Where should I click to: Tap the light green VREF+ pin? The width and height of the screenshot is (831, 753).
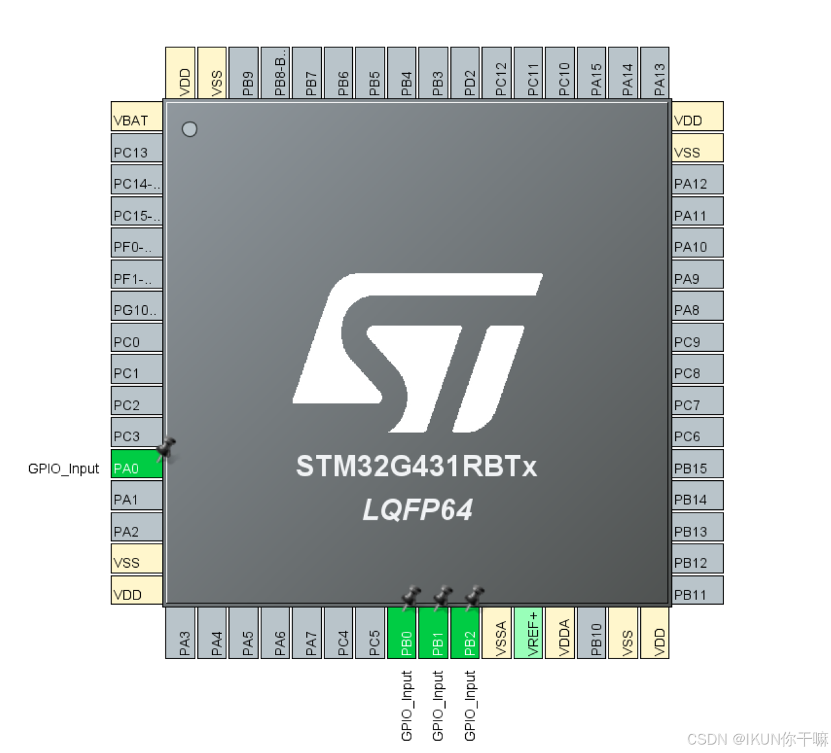[528, 633]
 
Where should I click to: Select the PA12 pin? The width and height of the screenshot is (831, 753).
[697, 180]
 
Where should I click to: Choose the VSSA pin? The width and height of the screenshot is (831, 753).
[497, 633]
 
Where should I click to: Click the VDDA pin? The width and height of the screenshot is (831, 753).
[560, 633]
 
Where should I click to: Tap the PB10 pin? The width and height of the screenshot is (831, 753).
[592, 633]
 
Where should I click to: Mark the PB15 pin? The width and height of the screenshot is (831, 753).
[697, 464]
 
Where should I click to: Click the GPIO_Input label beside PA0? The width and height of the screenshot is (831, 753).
[64, 469]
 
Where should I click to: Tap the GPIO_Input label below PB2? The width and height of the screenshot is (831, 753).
[470, 705]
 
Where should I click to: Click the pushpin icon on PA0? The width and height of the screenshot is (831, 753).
[166, 448]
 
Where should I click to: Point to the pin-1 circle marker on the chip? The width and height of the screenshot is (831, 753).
[189, 129]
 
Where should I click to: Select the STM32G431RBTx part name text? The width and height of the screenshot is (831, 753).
[416, 466]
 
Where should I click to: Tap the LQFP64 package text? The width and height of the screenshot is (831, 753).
[417, 510]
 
